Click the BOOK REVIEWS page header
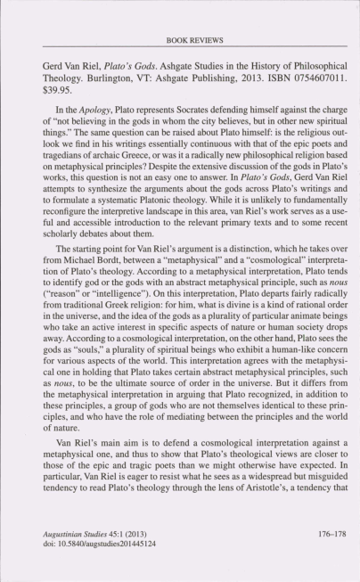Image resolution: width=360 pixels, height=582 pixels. click(x=180, y=40)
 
